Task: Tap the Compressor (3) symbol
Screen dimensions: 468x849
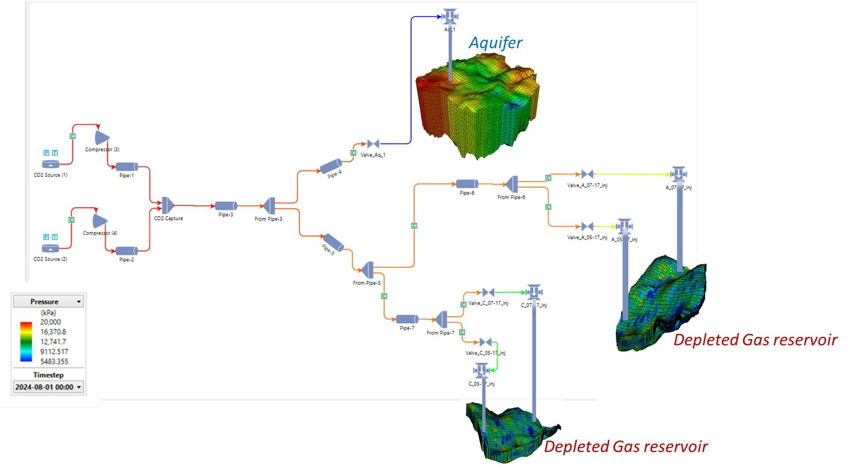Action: point(102,138)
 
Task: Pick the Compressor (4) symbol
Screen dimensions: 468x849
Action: point(100,221)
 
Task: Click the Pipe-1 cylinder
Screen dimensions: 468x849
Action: point(127,167)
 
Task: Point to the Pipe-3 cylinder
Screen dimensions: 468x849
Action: point(226,206)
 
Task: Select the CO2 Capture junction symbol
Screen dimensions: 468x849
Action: point(168,205)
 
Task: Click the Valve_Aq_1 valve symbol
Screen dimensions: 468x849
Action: point(373,144)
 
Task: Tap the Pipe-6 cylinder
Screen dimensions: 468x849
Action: point(467,184)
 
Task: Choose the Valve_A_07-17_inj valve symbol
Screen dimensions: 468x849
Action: point(587,174)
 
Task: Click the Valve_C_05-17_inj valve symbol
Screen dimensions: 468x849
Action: point(485,342)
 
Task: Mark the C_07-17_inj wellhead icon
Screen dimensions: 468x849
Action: point(534,293)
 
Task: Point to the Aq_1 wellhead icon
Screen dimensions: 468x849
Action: point(450,17)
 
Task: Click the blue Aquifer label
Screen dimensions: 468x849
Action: point(495,43)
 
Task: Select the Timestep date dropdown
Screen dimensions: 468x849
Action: point(48,387)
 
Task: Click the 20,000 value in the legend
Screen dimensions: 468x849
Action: point(51,322)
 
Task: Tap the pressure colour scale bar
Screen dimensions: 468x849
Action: point(26,341)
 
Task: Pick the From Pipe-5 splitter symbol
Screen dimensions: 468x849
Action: point(367,270)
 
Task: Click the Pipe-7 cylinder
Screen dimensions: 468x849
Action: point(407,319)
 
